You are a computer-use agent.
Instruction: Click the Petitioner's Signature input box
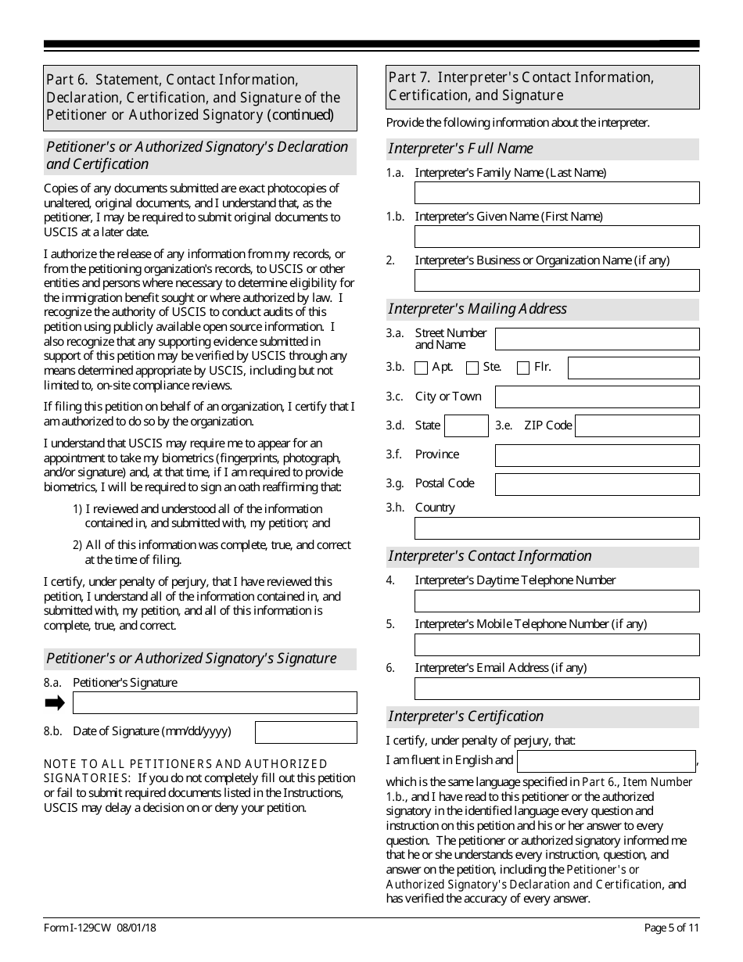[214, 702]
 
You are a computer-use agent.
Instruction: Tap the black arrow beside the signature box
[55, 702]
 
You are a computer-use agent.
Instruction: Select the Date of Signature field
[306, 732]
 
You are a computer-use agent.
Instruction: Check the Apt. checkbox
[422, 368]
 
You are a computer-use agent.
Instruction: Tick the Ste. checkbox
[472, 368]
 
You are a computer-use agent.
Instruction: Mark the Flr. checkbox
[523, 368]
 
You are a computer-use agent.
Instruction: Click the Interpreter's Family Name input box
[557, 193]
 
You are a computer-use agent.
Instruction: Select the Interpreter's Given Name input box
[557, 237]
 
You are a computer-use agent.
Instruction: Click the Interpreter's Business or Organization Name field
[557, 281]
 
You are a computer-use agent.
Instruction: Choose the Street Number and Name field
[598, 339]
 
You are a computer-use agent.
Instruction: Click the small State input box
[466, 426]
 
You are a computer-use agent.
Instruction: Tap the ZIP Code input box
[637, 426]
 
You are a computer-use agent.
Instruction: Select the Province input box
[598, 455]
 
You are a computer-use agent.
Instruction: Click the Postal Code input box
[598, 484]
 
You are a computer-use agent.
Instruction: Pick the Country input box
[557, 528]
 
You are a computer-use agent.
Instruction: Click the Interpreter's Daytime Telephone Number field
[557, 601]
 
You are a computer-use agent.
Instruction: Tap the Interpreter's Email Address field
[557, 688]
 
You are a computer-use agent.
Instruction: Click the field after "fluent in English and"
[606, 761]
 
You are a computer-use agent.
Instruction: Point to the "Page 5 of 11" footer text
[671, 928]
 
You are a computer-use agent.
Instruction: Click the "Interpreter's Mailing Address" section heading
[478, 309]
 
